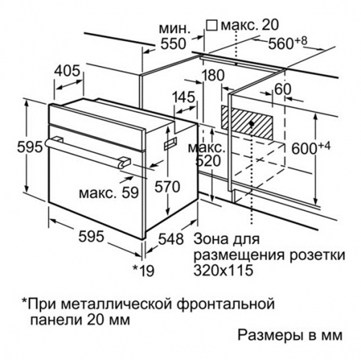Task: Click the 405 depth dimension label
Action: point(67,71)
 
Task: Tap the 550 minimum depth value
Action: point(173,44)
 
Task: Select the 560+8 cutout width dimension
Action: point(288,42)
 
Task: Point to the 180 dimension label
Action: point(213,75)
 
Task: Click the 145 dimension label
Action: point(184,97)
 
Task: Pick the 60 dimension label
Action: point(282,89)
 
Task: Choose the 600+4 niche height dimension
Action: point(311,147)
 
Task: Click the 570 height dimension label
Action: point(167,186)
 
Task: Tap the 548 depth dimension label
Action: point(171,239)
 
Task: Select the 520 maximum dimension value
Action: point(208,161)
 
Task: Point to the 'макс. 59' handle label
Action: point(109,192)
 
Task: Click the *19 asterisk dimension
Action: point(143,271)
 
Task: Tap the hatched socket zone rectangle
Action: point(247,122)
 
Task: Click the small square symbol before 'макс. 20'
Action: point(213,25)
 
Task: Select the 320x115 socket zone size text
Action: point(223,270)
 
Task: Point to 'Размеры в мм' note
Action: point(290,335)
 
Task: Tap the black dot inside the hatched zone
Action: point(251,124)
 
